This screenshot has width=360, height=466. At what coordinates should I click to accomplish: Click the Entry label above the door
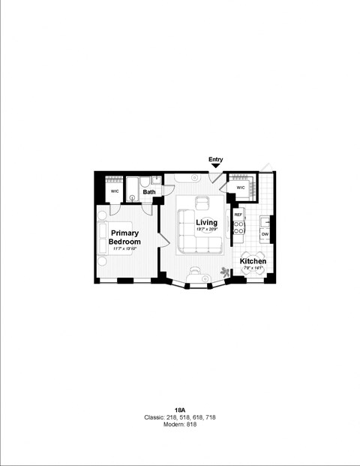click(x=215, y=159)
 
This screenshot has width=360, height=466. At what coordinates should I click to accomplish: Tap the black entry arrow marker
click(x=215, y=166)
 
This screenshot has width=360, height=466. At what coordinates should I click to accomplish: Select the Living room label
click(x=206, y=222)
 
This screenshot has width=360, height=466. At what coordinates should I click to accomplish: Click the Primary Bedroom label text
click(x=124, y=237)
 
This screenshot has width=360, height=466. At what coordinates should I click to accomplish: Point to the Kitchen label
click(x=253, y=261)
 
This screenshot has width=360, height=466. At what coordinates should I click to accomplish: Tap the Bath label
click(x=150, y=192)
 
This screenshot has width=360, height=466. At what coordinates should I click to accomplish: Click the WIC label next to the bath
click(x=115, y=191)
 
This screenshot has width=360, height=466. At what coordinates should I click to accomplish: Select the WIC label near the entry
click(x=241, y=188)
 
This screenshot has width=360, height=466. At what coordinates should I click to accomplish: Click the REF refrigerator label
click(x=238, y=215)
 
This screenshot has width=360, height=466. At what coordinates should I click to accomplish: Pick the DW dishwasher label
click(x=265, y=235)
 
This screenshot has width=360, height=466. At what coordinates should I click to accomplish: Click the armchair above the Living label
click(x=202, y=203)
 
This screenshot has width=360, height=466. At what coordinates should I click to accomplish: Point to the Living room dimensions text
click(x=206, y=230)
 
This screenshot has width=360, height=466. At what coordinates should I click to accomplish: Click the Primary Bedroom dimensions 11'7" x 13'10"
click(x=124, y=248)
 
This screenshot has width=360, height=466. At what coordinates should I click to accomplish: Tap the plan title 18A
click(x=180, y=410)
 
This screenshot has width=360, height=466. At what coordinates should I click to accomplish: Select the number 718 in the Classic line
click(x=209, y=417)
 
